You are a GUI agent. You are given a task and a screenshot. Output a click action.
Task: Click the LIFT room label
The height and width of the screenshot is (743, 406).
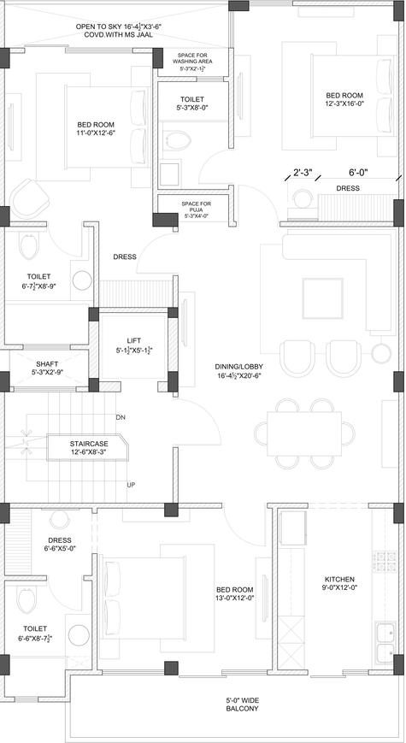click(133, 345)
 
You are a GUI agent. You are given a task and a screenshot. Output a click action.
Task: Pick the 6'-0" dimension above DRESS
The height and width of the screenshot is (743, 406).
click(358, 173)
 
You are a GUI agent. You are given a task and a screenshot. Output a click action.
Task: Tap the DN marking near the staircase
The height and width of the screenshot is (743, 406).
click(121, 417)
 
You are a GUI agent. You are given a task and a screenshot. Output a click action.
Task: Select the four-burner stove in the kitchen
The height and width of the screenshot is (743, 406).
click(385, 561)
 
